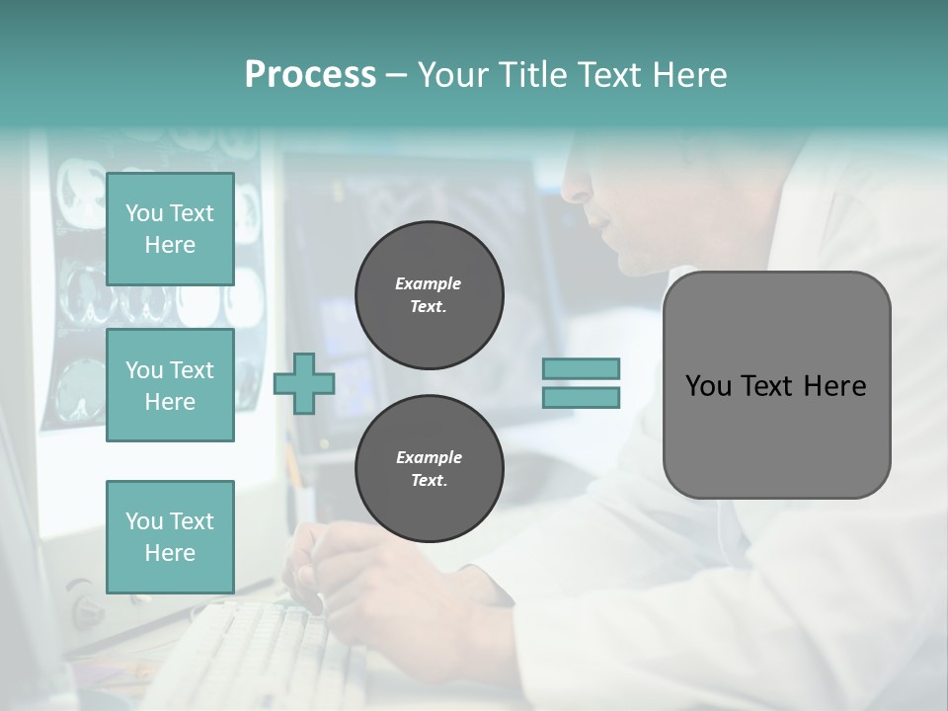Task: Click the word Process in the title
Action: (x=310, y=75)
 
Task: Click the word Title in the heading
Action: (x=531, y=75)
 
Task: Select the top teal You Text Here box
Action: (x=170, y=229)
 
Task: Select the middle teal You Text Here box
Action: (x=170, y=385)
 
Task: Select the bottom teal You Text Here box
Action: (x=170, y=536)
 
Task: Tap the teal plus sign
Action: (x=304, y=384)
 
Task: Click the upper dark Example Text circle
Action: (x=429, y=295)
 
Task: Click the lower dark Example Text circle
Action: (x=429, y=469)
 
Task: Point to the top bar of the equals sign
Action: (x=581, y=368)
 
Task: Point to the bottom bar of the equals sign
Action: (x=581, y=397)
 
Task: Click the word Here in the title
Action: (x=686, y=75)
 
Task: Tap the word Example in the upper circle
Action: (x=429, y=283)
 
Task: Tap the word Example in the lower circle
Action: (x=429, y=457)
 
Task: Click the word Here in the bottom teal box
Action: (x=170, y=553)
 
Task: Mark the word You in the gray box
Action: (x=708, y=386)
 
